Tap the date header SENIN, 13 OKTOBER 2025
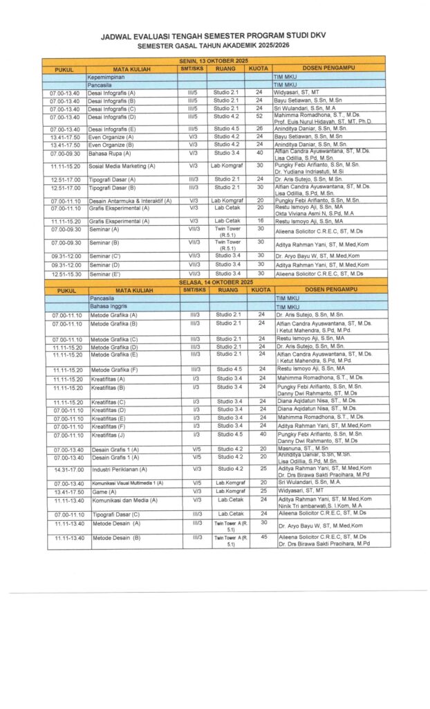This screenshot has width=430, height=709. point(214,62)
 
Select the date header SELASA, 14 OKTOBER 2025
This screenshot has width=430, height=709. point(214,282)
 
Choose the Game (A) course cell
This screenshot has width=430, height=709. point(104,491)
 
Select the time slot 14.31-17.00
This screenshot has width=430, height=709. point(66,469)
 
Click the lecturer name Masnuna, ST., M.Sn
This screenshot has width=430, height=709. point(303,449)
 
